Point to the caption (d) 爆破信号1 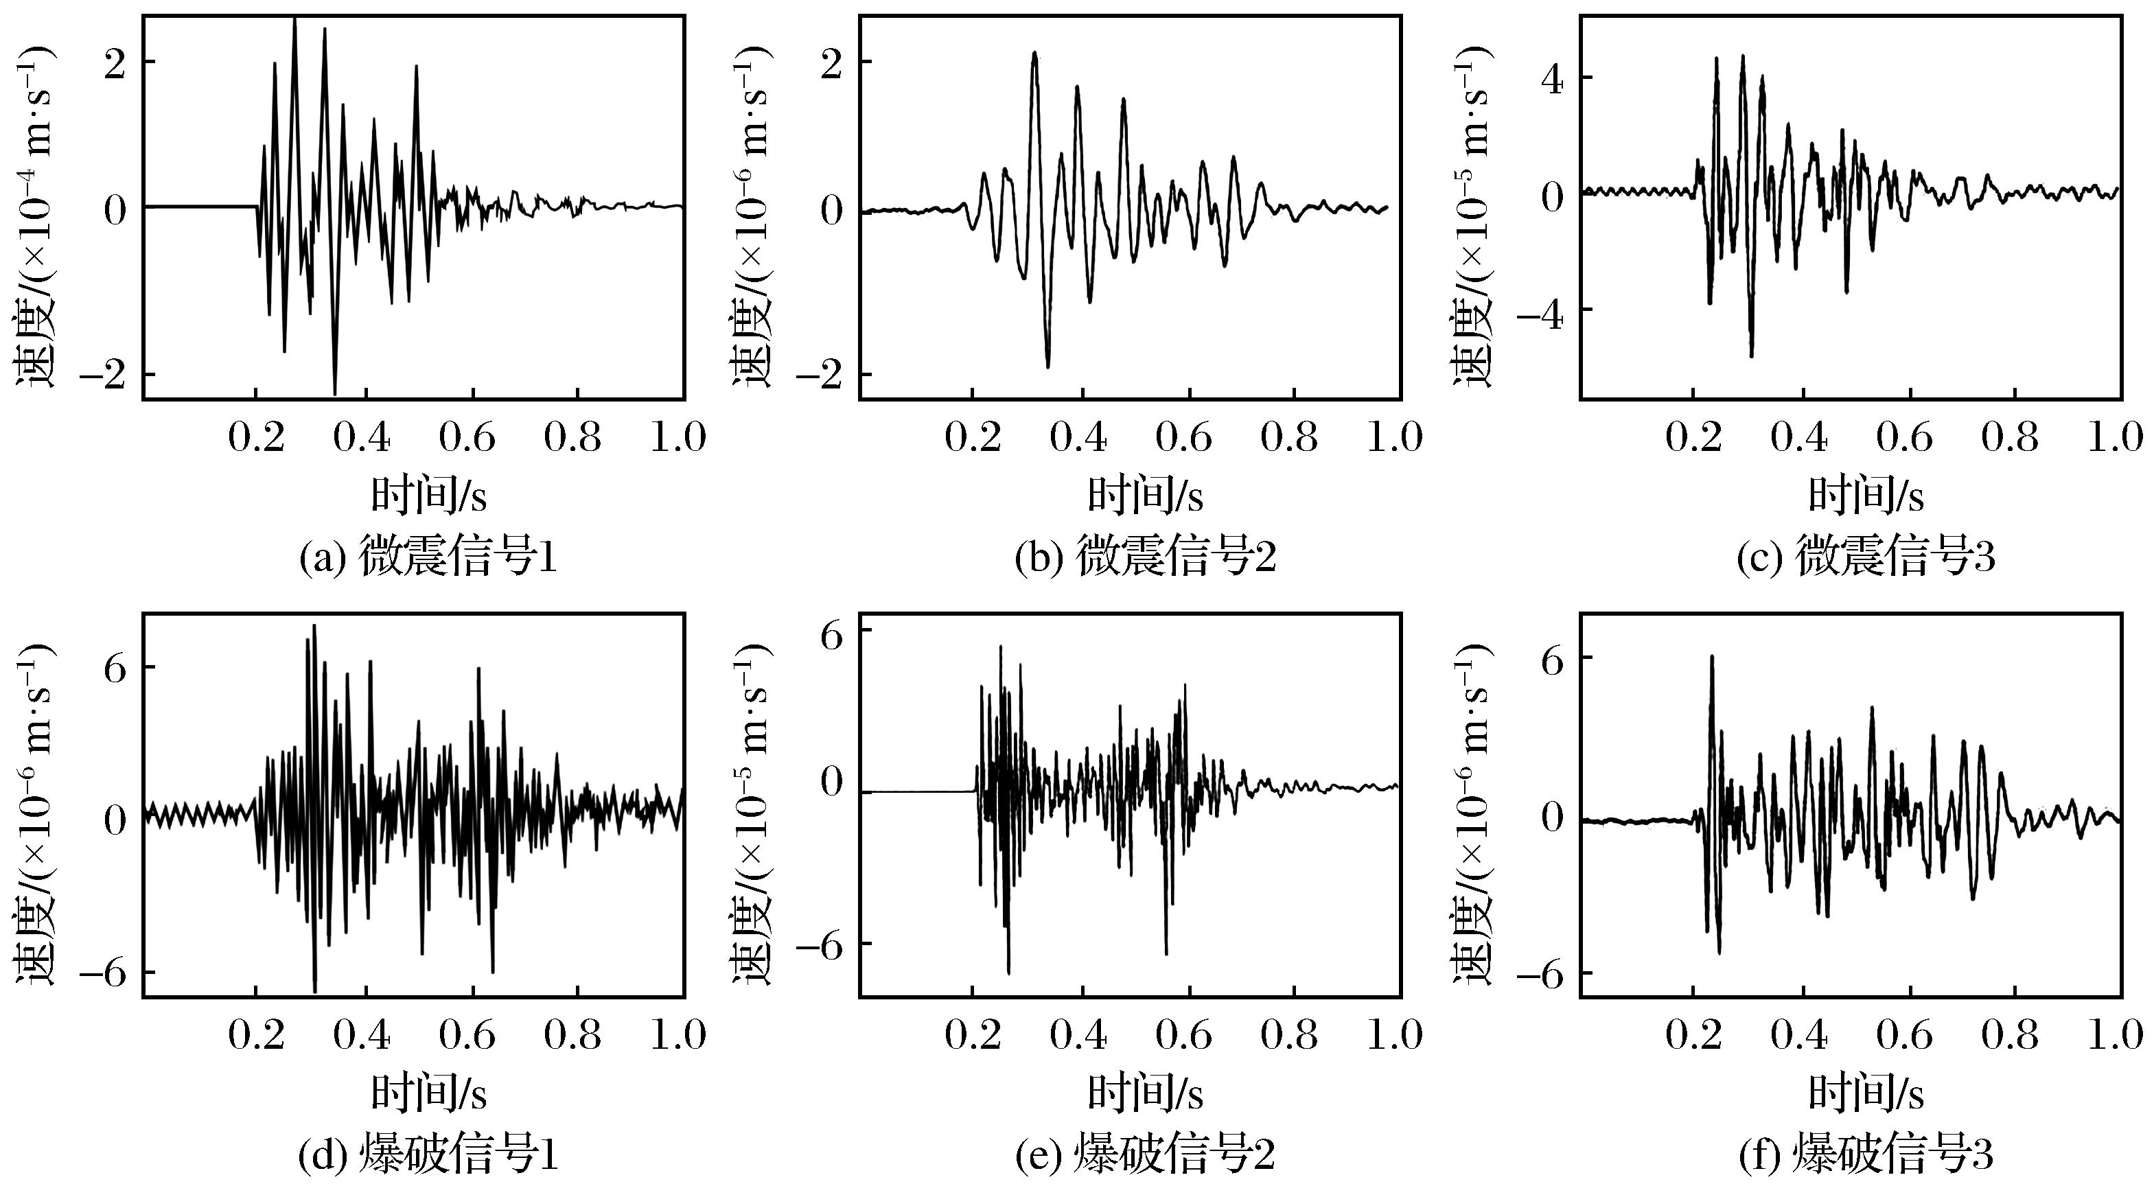point(428,1154)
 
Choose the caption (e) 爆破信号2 point(1145,1154)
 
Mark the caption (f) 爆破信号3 point(1866,1154)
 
